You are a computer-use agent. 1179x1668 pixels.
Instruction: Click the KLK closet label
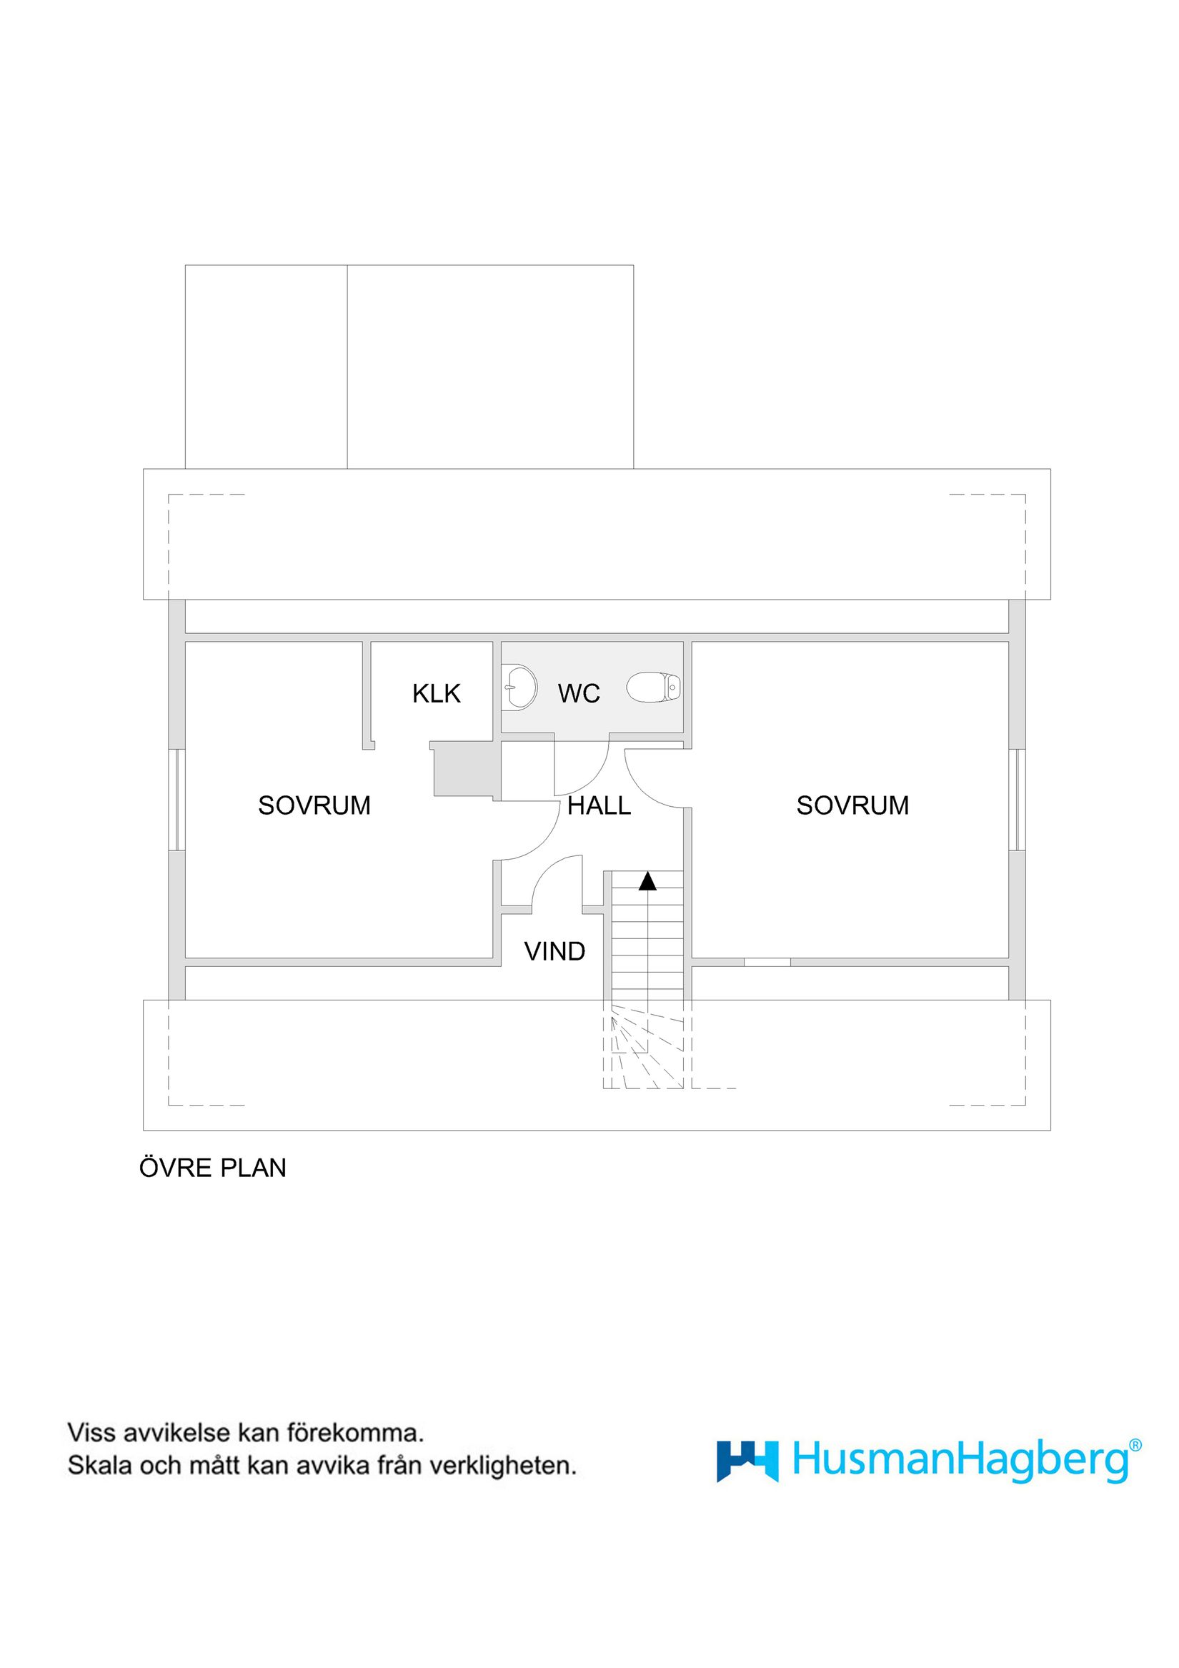(436, 694)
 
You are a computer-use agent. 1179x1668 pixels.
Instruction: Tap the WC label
(578, 694)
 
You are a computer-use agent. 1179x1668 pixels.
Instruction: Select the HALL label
(599, 805)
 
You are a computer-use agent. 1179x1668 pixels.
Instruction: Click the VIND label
(554, 952)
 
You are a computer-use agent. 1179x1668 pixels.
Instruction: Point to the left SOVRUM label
(314, 805)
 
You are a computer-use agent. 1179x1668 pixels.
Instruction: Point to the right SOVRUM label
(852, 805)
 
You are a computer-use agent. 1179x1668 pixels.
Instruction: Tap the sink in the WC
(519, 685)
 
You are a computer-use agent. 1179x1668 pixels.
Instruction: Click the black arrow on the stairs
(647, 882)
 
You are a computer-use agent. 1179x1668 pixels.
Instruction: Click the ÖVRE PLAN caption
(213, 1168)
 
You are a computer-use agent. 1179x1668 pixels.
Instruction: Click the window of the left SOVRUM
(176, 799)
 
